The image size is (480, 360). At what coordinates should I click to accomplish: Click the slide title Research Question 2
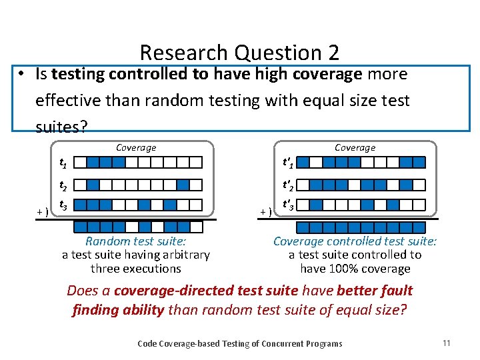click(239, 53)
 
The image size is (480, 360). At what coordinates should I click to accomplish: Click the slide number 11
click(446, 343)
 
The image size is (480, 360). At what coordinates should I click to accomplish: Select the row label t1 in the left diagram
click(62, 163)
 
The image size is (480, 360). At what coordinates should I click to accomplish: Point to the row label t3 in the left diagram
click(62, 205)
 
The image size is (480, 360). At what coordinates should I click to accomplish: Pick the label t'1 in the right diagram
click(289, 163)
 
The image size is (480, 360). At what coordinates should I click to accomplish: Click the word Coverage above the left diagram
click(136, 148)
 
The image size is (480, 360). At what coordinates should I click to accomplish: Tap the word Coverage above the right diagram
click(355, 148)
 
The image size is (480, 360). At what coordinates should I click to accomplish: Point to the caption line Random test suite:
click(135, 241)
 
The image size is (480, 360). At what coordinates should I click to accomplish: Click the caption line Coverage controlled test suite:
click(355, 241)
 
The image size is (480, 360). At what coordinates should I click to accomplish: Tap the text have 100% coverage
click(355, 269)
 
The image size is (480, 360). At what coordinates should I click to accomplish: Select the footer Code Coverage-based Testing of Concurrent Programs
click(239, 344)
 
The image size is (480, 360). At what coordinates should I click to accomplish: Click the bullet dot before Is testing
click(22, 75)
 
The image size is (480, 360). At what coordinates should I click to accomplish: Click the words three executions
click(135, 269)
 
